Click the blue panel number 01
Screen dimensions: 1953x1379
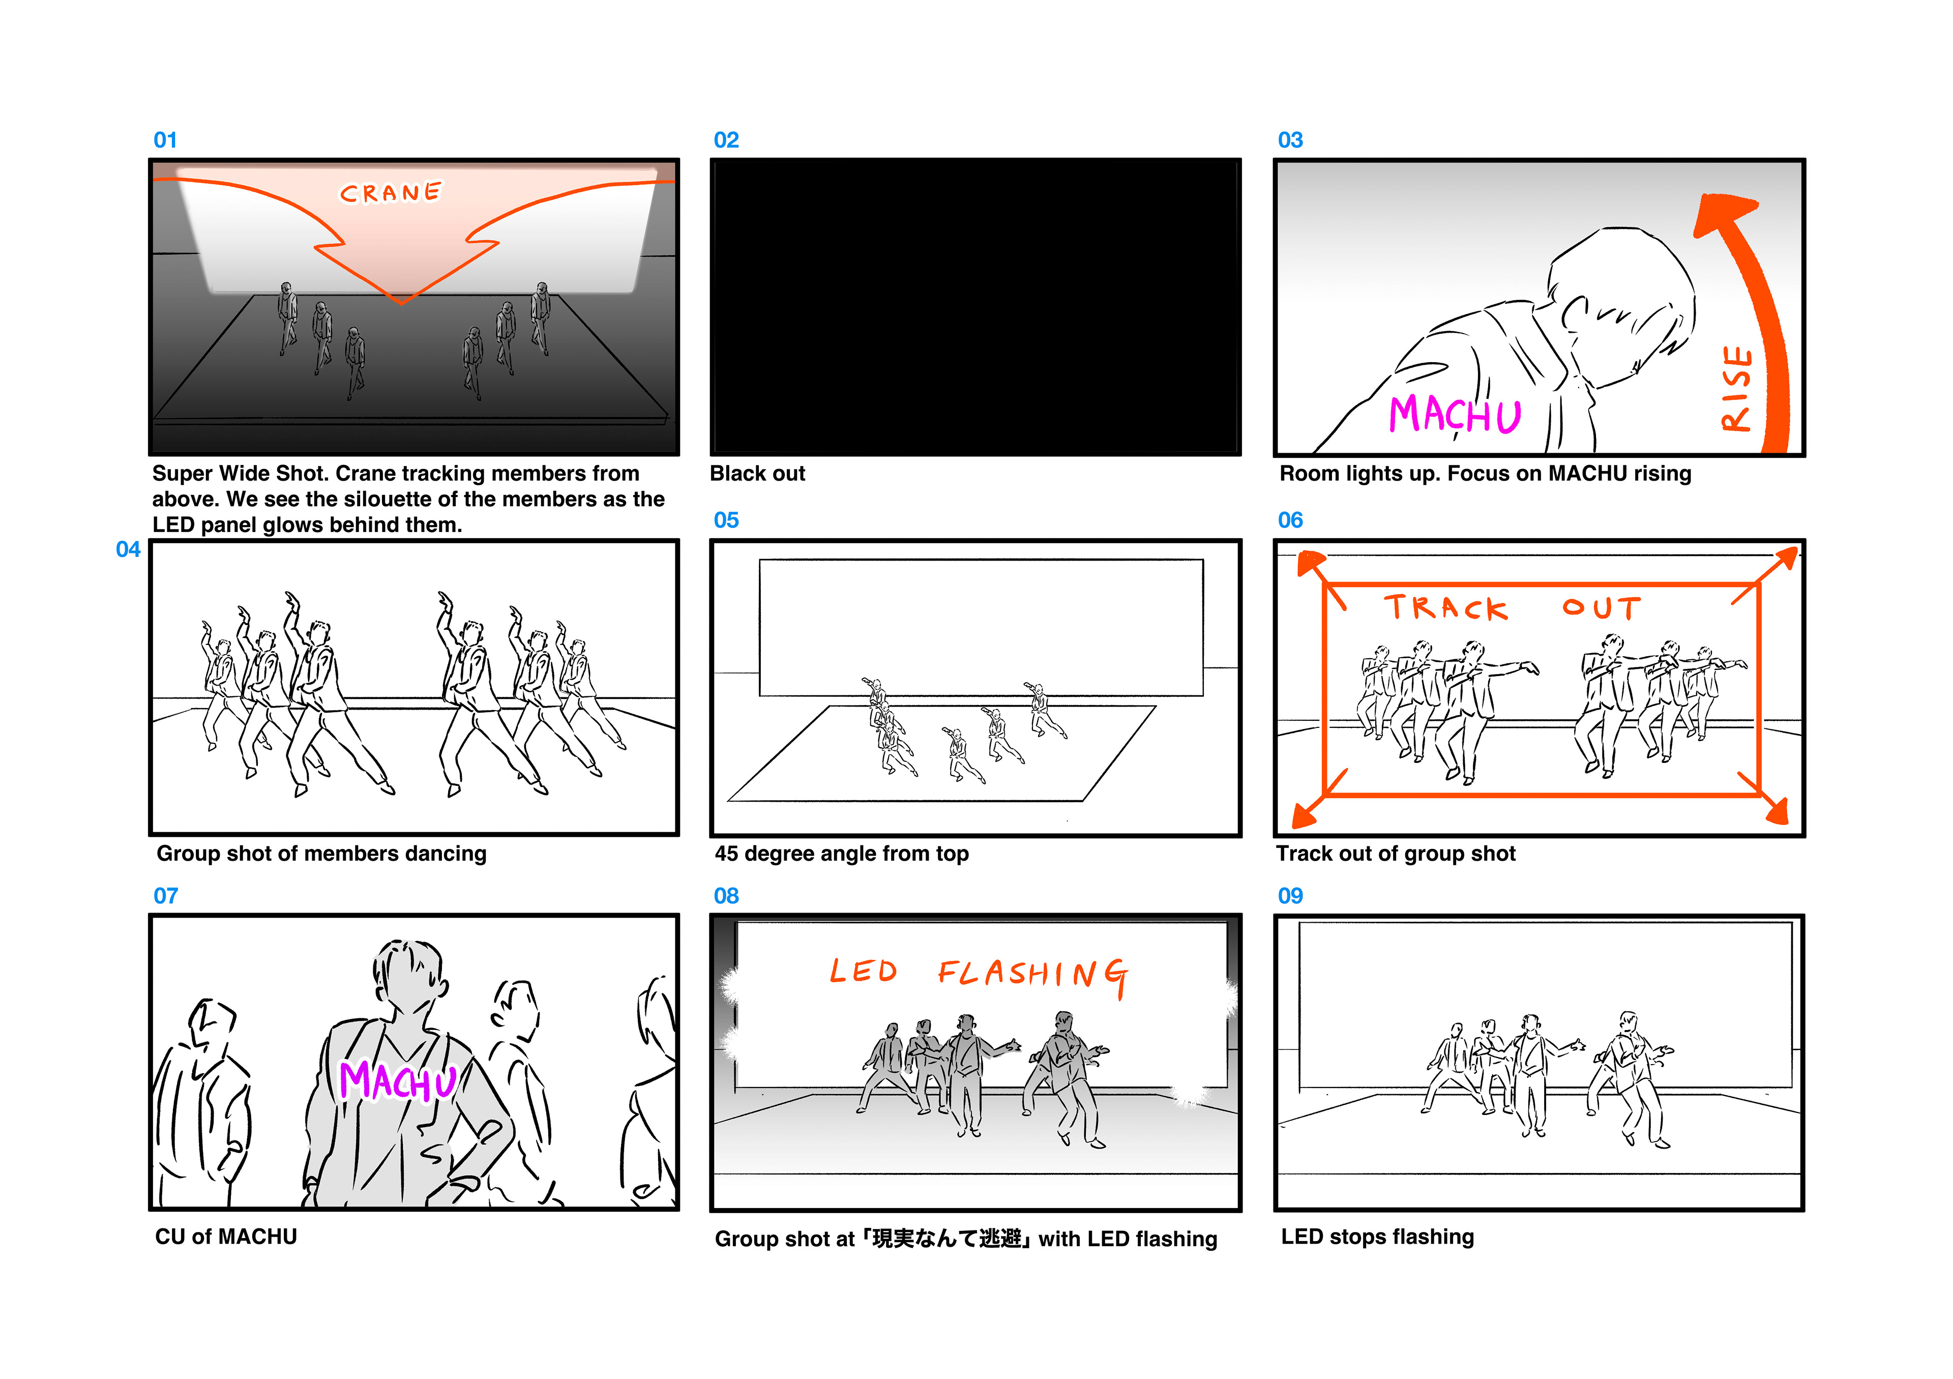click(165, 140)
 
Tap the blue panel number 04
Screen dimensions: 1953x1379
click(129, 549)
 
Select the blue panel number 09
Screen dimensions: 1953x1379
click(1290, 896)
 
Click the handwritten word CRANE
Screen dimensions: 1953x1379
click(391, 193)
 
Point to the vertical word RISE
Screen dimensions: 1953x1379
click(1737, 388)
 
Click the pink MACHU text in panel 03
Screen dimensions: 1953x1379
click(1455, 414)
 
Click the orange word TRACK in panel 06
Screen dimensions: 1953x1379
click(1446, 607)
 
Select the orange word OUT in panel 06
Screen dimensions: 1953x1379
click(1602, 607)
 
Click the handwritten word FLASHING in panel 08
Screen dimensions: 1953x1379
click(1033, 975)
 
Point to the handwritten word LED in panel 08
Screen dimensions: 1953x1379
click(864, 971)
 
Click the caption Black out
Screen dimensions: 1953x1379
click(757, 474)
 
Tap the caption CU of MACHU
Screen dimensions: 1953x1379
click(226, 1237)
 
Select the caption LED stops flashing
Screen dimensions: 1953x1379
click(1377, 1237)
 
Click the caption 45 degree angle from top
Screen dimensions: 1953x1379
click(841, 854)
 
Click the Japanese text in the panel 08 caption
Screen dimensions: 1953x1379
click(946, 1240)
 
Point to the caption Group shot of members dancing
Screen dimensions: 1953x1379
click(321, 854)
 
